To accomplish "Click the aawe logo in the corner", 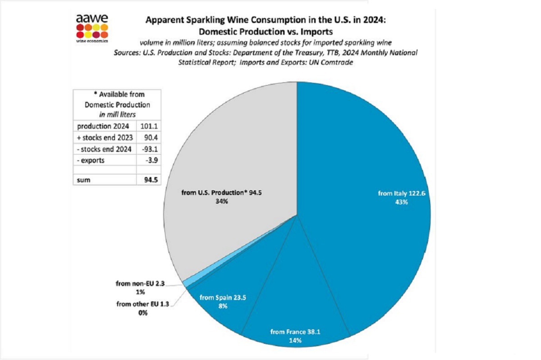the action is [92, 28].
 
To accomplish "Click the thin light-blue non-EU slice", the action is [186, 283].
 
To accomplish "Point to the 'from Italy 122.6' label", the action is [401, 193].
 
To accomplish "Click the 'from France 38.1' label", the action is [295, 332].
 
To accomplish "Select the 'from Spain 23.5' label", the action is [223, 297].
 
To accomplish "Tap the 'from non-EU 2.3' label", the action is [140, 283].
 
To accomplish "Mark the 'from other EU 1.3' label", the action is [142, 304].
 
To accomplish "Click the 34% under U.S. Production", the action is [222, 201].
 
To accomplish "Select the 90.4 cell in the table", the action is [151, 137].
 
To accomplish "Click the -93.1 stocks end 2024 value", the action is [150, 149].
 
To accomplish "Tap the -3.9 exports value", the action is [152, 160].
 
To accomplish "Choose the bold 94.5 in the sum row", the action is [151, 180].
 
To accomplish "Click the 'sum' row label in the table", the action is [83, 180].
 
